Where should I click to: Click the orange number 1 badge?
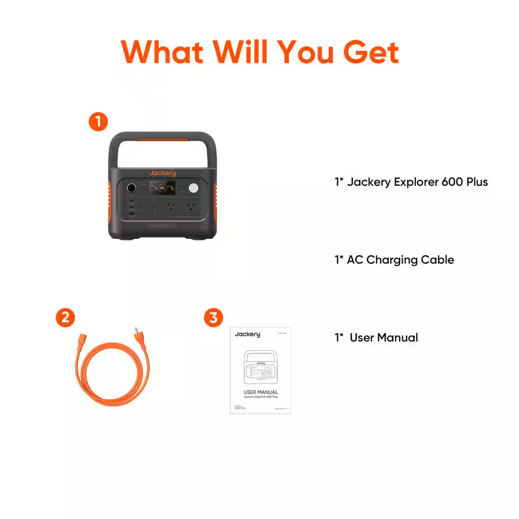98,122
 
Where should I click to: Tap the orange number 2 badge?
65,318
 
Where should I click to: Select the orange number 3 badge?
213,318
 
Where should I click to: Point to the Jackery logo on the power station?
162,173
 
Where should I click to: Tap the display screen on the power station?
162,188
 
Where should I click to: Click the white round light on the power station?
194,188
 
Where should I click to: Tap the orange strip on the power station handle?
162,140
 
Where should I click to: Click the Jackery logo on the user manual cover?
248,334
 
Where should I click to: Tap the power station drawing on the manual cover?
261,368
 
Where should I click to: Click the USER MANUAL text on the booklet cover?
261,392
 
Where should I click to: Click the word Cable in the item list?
438,260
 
